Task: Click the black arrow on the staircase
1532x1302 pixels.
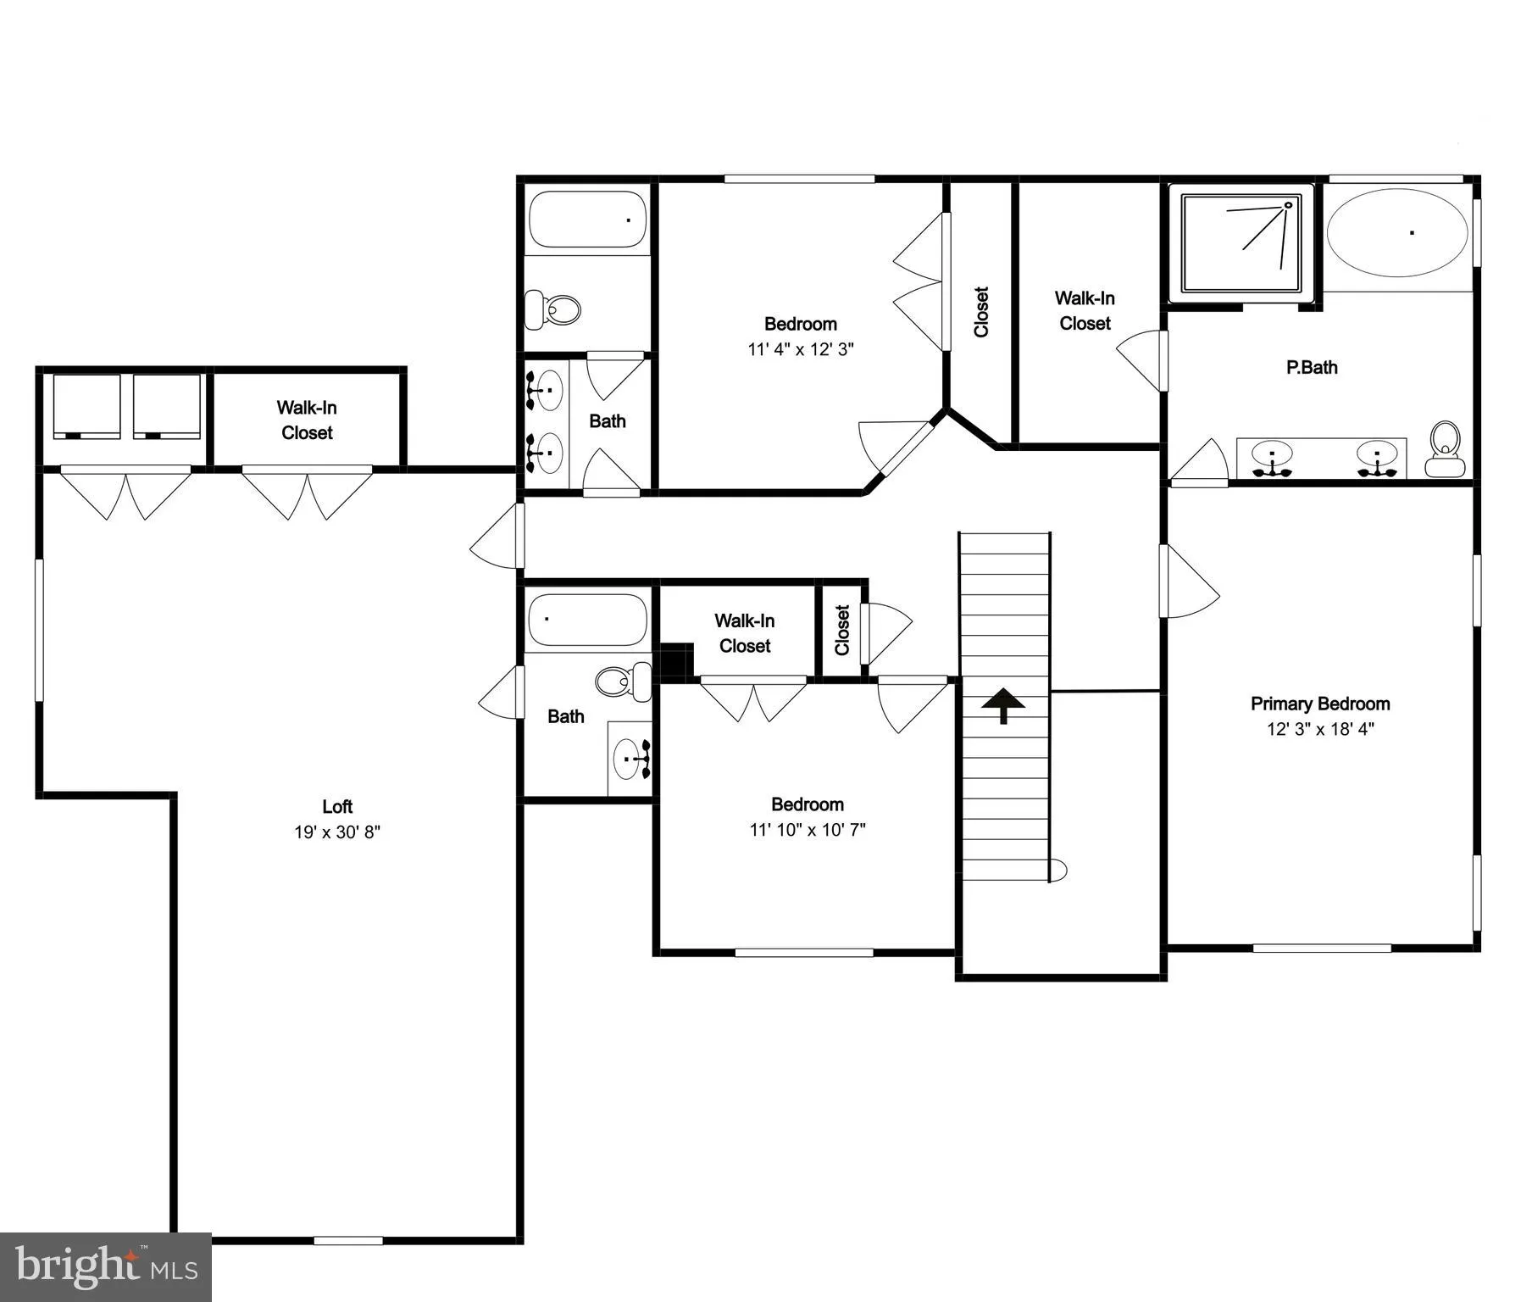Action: pyautogui.click(x=1003, y=705)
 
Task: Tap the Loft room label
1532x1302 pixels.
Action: pyautogui.click(x=337, y=806)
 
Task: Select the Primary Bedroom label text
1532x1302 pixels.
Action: pyautogui.click(x=1320, y=704)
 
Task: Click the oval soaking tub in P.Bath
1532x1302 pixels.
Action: pyautogui.click(x=1397, y=232)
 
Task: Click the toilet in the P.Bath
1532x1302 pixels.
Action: pyautogui.click(x=1444, y=450)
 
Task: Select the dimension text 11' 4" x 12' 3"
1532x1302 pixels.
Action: pyautogui.click(x=801, y=349)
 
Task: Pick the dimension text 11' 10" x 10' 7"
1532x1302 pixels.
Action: pyautogui.click(x=808, y=830)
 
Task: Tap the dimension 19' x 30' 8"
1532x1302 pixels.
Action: pyautogui.click(x=337, y=832)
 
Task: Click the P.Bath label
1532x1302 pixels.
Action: pyautogui.click(x=1312, y=368)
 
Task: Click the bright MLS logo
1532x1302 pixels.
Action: pyautogui.click(x=106, y=1266)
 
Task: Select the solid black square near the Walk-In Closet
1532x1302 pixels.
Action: pyautogui.click(x=676, y=662)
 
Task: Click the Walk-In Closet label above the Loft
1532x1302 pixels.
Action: pyautogui.click(x=307, y=420)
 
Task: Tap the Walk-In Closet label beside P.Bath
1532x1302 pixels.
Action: pyautogui.click(x=1085, y=311)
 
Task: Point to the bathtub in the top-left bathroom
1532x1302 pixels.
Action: pyautogui.click(x=587, y=220)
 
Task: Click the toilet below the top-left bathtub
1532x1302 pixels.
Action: pyautogui.click(x=552, y=309)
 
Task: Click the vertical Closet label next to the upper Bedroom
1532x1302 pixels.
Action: pyautogui.click(x=981, y=312)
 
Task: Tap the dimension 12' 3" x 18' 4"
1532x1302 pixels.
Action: pyautogui.click(x=1320, y=729)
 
